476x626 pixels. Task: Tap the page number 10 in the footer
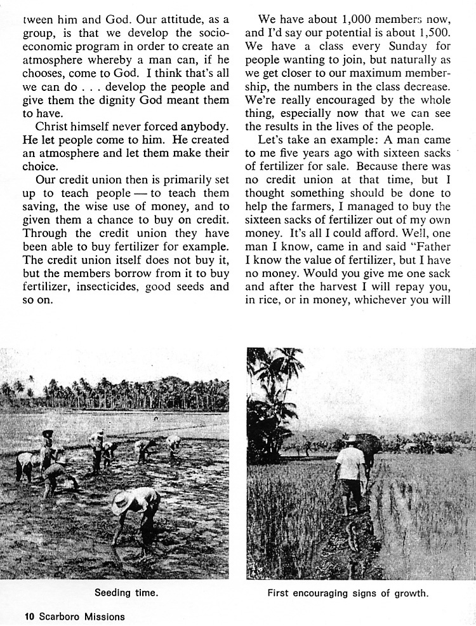(29, 616)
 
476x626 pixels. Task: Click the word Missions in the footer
(102, 616)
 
